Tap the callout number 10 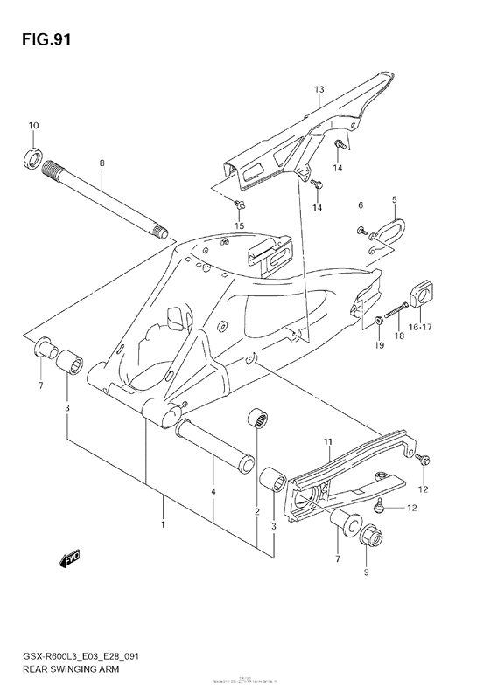pyautogui.click(x=32, y=128)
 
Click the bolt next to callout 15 pyautogui.click(x=240, y=204)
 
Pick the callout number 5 pyautogui.click(x=394, y=199)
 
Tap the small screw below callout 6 pyautogui.click(x=360, y=230)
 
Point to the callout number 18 pyautogui.click(x=399, y=335)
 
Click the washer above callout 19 pyautogui.click(x=376, y=321)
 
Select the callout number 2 pyautogui.click(x=256, y=511)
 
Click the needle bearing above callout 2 pyautogui.click(x=256, y=419)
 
